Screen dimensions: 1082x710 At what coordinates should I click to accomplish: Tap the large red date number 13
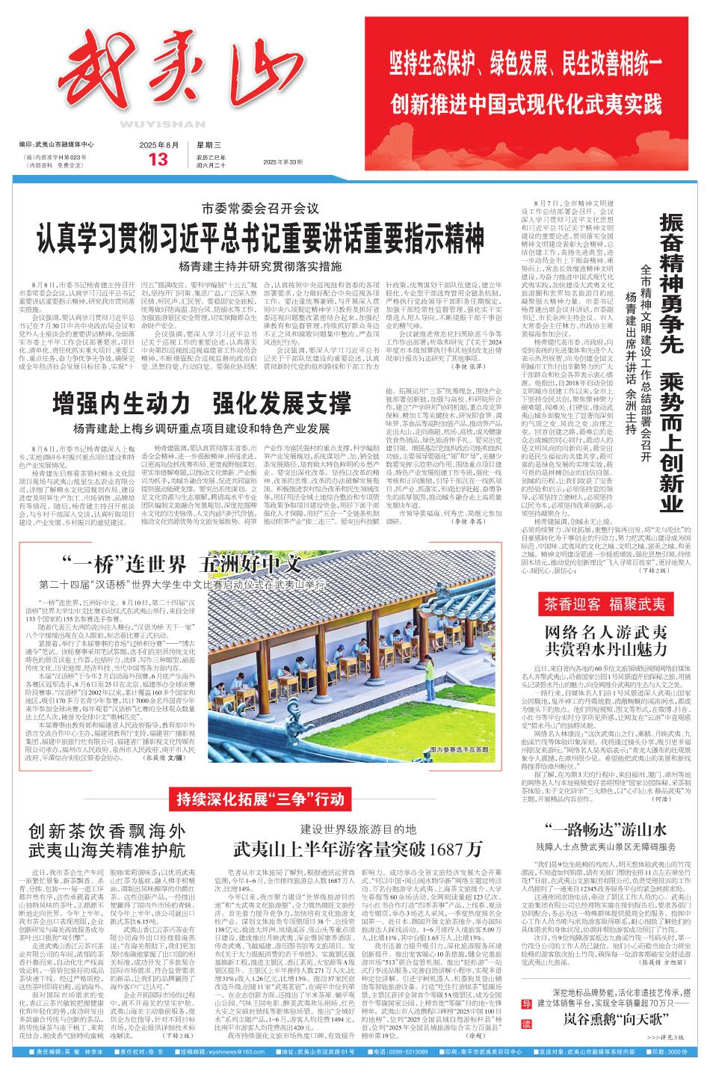point(159,159)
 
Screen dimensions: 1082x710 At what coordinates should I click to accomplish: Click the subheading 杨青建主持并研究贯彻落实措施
point(259,265)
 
